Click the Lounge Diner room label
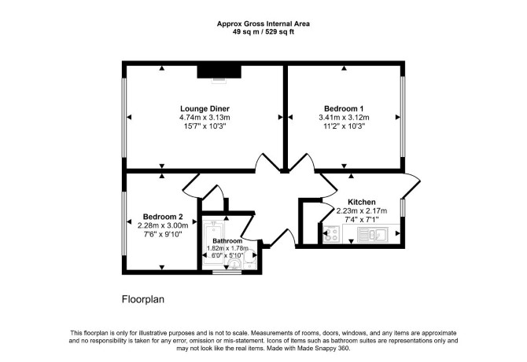pyautogui.click(x=205, y=108)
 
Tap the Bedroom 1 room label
pyautogui.click(x=344, y=108)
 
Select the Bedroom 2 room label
pyautogui.click(x=163, y=217)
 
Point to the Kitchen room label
pyautogui.click(x=361, y=203)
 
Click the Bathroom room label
pyautogui.click(x=227, y=241)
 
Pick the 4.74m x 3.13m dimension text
pyautogui.click(x=205, y=118)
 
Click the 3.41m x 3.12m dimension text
pyautogui.click(x=344, y=118)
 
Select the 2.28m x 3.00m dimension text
pyautogui.click(x=163, y=225)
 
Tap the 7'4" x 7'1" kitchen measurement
pyautogui.click(x=361, y=220)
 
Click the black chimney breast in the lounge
pyautogui.click(x=219, y=71)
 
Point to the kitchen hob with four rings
pyautogui.click(x=331, y=233)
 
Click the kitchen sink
pyautogui.click(x=373, y=234)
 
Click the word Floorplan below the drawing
pyautogui.click(x=143, y=299)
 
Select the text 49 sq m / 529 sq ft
pyautogui.click(x=263, y=32)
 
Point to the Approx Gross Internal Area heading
pyautogui.click(x=263, y=24)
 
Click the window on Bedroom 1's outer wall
pyautogui.click(x=403, y=117)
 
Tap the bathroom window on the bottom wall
pyautogui.click(x=227, y=272)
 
